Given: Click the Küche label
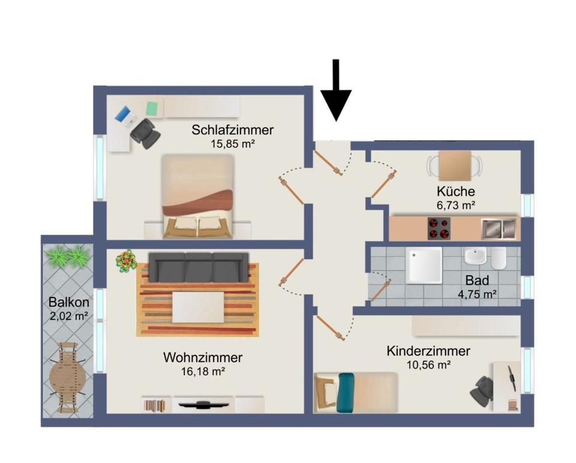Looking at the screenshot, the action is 456,192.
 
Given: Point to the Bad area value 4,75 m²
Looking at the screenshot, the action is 477,294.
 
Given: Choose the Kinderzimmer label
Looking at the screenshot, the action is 428,351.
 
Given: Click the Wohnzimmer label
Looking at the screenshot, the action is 203,357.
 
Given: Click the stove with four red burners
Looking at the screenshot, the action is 439,228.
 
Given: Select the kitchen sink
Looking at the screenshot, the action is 498,228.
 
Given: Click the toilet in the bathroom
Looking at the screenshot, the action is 499,258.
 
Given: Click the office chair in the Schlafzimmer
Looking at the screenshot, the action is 145,133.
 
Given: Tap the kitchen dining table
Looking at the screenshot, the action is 455,165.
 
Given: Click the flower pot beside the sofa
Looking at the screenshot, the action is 126,260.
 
